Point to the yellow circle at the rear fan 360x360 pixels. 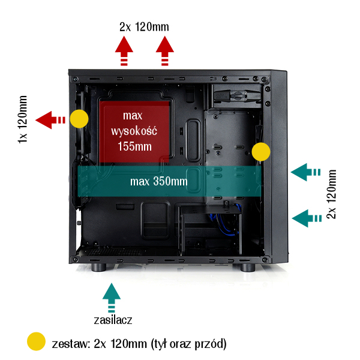pos(79,119)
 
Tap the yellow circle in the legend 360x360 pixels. pos(36,341)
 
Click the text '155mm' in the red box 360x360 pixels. pos(134,145)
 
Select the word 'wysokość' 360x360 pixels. pos(135,130)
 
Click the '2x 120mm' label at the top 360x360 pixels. pos(144,26)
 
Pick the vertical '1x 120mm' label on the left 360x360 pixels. pos(23,119)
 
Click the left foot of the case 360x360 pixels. pos(100,268)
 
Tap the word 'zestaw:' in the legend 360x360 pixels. pos(71,344)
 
